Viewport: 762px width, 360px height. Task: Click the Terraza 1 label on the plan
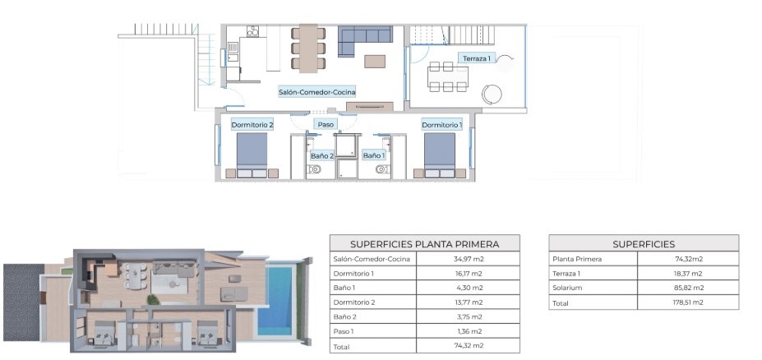point(476,58)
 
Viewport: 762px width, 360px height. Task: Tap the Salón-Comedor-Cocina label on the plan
point(316,91)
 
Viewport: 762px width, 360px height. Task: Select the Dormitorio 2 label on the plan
point(252,125)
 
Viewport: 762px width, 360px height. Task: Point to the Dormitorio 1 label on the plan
point(441,125)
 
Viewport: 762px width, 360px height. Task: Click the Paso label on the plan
point(326,125)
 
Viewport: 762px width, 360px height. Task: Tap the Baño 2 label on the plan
point(322,156)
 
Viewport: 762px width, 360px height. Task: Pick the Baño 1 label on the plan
point(374,155)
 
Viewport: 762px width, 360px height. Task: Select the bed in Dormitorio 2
point(252,155)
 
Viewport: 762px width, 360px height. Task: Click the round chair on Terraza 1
point(492,93)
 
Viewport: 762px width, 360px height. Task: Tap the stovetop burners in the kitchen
point(252,31)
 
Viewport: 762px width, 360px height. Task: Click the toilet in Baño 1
point(382,169)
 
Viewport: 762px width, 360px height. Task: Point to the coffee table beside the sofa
point(375,61)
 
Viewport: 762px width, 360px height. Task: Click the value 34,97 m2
point(468,259)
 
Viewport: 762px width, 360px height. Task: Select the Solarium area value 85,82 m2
point(688,288)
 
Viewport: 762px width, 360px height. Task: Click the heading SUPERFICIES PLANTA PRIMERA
point(425,244)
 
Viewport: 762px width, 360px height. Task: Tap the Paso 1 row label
point(344,331)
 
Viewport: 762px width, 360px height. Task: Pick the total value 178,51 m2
point(688,302)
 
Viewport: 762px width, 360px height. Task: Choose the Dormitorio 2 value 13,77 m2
point(468,302)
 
